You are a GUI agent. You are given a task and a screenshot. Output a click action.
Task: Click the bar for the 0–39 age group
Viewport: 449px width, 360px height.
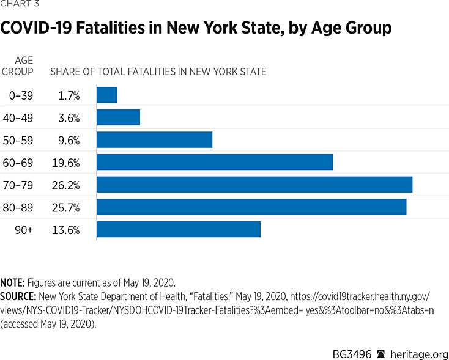tap(107, 95)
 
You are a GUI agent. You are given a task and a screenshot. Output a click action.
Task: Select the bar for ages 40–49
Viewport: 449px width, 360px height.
tap(119, 117)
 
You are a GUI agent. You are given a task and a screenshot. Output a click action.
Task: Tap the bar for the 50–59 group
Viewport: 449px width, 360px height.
tap(155, 139)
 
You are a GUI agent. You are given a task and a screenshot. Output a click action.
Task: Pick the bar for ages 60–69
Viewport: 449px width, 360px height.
tap(215, 162)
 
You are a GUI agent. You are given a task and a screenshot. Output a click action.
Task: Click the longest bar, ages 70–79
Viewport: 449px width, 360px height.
tap(254, 185)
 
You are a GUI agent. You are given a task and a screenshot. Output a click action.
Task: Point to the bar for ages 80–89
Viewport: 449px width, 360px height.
tap(251, 207)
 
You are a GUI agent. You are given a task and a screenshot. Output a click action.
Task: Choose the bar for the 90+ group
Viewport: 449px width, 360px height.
tap(179, 229)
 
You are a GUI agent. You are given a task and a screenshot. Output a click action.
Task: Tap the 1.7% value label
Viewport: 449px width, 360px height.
tap(70, 95)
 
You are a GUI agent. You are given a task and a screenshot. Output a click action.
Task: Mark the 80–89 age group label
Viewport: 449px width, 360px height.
tap(21, 207)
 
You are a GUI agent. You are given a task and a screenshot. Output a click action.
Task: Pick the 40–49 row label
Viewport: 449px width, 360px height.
tap(21, 117)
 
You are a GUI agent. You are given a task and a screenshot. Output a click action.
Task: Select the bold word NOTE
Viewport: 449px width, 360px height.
tap(12, 283)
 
